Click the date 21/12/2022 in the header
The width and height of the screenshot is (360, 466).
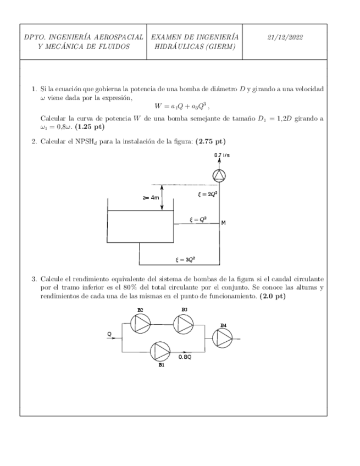pos(285,37)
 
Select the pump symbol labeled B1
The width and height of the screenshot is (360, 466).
pos(161,351)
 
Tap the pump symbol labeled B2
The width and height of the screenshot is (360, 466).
pos(141,324)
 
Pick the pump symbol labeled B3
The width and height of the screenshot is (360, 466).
pos(184,324)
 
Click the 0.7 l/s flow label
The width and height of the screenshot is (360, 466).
pos(222,156)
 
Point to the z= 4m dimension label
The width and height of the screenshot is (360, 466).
pos(150,197)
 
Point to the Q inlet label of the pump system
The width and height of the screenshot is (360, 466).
pos(109,333)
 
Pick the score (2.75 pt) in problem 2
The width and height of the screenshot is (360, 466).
pos(210,141)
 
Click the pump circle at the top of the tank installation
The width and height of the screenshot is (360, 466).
pos(219,175)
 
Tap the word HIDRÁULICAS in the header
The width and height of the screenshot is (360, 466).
pos(178,46)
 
